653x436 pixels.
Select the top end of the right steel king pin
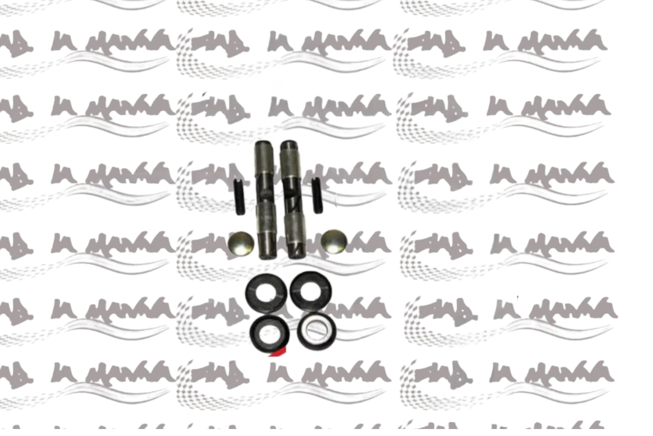[x=287, y=145]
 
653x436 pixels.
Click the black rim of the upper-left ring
[x=250, y=293]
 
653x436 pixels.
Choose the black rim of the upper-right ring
[x=294, y=291]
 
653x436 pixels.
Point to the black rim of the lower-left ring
[x=254, y=332]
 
